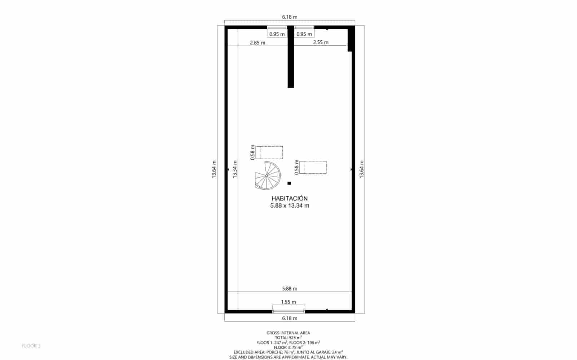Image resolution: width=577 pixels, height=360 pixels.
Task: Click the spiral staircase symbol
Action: tap(268, 176)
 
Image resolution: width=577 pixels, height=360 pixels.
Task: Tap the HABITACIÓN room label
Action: tap(290, 199)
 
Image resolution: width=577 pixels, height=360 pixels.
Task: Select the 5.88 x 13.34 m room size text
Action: tap(290, 206)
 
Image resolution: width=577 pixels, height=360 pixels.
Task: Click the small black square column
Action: tap(289, 183)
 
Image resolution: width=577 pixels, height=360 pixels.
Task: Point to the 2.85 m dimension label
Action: tap(257, 43)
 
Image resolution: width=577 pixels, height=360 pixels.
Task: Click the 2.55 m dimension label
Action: tap(321, 42)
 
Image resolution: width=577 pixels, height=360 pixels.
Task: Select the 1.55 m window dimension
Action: tap(288, 302)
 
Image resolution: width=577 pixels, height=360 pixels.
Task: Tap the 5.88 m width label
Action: tap(290, 288)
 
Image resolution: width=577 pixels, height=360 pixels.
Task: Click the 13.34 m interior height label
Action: tap(235, 169)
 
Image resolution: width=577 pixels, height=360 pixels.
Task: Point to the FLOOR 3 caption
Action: tap(31, 346)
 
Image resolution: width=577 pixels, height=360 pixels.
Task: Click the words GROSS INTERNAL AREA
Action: tap(288, 333)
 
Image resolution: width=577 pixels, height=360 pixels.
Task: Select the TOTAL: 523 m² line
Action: tap(288, 338)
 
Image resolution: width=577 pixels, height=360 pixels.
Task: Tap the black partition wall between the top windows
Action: tap(291, 57)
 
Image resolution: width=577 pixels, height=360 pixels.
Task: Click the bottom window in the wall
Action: tap(288, 312)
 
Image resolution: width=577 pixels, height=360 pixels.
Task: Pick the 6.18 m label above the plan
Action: tap(290, 17)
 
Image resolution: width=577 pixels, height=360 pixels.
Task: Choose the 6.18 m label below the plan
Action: tap(290, 318)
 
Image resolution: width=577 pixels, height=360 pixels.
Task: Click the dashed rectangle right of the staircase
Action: tap(313, 168)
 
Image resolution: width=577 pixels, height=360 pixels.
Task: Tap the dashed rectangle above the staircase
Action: tap(269, 152)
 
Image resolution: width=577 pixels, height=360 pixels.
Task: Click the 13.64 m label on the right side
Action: tap(362, 169)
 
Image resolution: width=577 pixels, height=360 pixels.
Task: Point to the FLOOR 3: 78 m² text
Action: tap(288, 347)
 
